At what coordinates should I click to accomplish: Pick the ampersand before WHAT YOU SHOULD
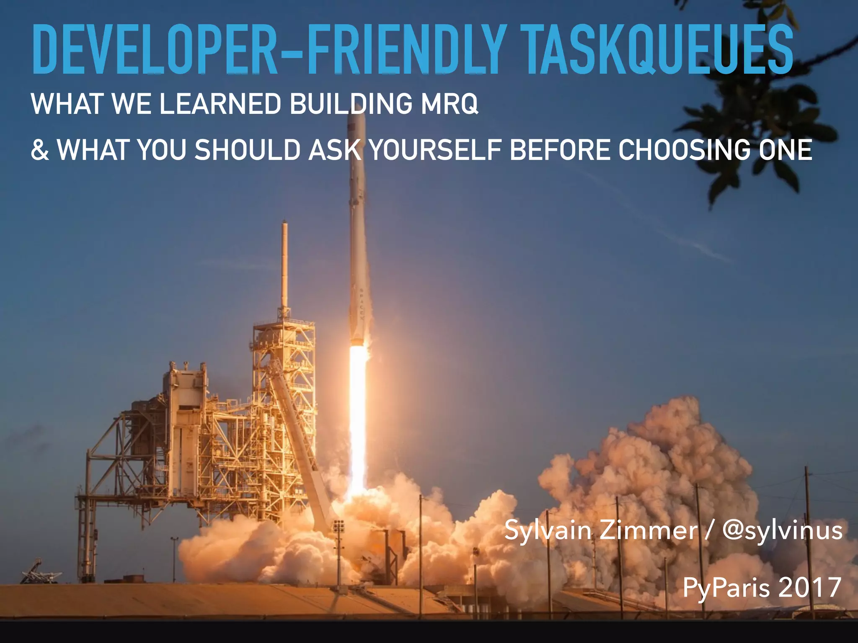coord(40,150)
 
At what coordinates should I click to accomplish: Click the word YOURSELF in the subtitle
coord(436,150)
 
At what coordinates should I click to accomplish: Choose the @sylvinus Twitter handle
coord(782,531)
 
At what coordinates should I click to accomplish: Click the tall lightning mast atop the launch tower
coord(285,264)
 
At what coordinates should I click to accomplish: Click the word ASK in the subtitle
coord(335,150)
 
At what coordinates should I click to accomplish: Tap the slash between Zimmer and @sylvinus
coord(708,530)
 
